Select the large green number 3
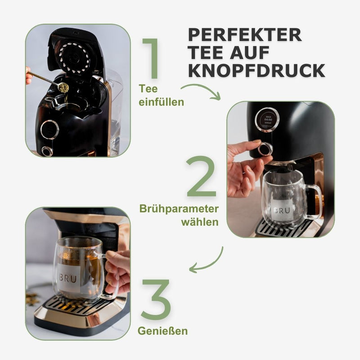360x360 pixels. (x=156, y=299)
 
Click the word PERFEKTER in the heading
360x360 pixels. (x=245, y=35)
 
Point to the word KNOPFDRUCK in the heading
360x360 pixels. (x=256, y=70)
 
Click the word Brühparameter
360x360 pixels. (x=179, y=210)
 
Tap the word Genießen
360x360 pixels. (x=162, y=332)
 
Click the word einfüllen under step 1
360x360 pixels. (x=161, y=102)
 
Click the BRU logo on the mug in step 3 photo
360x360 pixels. (x=67, y=279)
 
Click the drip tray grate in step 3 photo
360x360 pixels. (x=76, y=306)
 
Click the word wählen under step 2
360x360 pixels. (x=200, y=222)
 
